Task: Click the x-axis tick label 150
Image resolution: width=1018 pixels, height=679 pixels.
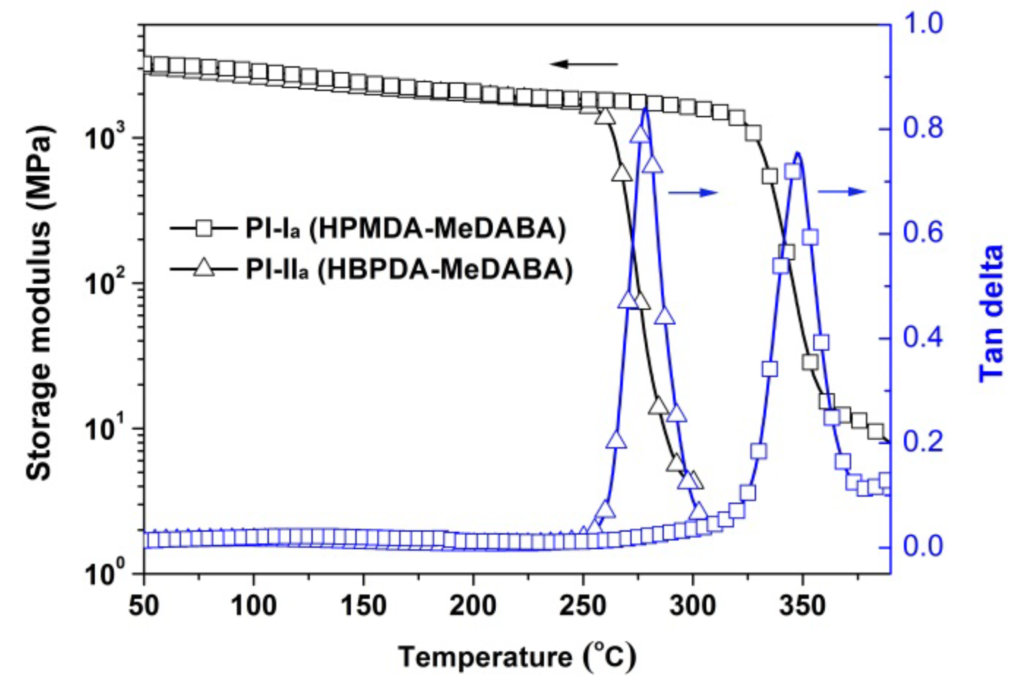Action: pos(363,606)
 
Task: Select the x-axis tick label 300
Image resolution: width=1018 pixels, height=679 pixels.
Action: pos(693,606)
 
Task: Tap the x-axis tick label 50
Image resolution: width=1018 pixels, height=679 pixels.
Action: pos(144,606)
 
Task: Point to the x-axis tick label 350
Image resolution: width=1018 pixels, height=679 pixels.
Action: pos(803,606)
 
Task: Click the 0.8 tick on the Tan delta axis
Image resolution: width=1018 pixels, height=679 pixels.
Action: pos(923,129)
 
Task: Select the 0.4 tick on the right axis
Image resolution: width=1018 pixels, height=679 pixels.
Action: pos(923,338)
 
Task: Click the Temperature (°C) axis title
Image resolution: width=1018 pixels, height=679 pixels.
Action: pos(517,657)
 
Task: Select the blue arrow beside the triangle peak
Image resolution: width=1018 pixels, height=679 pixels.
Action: pos(693,193)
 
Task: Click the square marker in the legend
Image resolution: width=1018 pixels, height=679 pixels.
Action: pos(205,228)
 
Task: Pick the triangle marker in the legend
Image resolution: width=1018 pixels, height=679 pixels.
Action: pos(204,268)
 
